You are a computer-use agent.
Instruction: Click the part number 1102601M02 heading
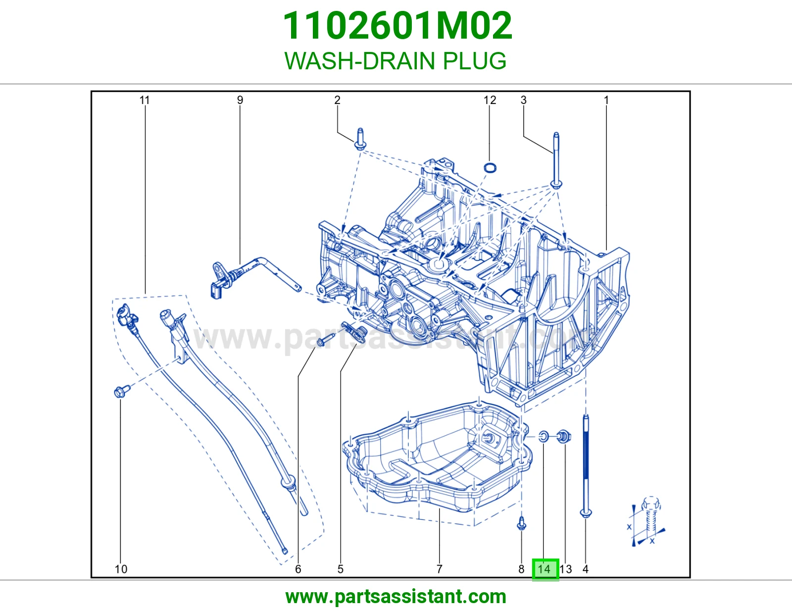397,26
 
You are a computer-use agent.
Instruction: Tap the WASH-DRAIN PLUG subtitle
396,61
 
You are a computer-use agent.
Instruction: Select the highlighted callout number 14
545,569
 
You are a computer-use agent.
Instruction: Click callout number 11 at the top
145,100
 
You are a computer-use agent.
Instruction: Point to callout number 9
240,100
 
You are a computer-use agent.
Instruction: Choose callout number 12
490,100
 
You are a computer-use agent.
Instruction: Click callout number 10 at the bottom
121,569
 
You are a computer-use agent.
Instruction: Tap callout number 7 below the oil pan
439,569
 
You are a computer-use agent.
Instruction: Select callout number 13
566,569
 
